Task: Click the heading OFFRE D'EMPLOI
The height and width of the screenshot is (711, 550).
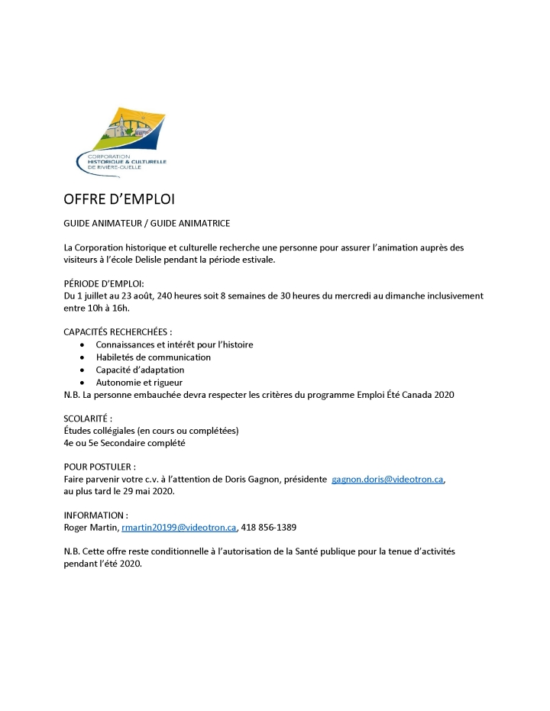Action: click(x=119, y=200)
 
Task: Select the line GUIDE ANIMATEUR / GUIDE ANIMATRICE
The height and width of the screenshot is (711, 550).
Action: click(x=147, y=223)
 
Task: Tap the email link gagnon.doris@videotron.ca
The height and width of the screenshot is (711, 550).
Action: click(x=387, y=479)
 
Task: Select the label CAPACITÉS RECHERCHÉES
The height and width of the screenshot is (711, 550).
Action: click(x=116, y=332)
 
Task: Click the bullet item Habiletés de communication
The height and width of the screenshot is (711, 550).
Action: click(x=154, y=357)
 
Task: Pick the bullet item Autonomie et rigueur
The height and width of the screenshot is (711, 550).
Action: click(x=139, y=382)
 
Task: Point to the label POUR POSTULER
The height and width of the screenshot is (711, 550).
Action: click(x=100, y=467)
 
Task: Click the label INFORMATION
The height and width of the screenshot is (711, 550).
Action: click(x=95, y=515)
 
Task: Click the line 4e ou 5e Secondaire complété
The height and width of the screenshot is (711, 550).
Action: click(x=125, y=443)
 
